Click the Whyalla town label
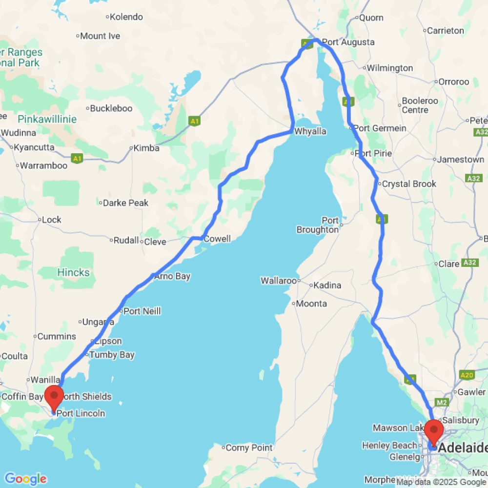[310, 132]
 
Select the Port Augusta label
[348, 42]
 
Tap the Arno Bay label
[172, 276]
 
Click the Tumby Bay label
[112, 355]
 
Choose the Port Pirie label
[375, 153]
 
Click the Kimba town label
[146, 148]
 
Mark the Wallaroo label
[279, 281]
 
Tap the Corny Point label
[249, 447]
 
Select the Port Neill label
[142, 311]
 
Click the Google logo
[25, 479]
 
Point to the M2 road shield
[442, 403]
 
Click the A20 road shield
[467, 375]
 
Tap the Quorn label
[371, 18]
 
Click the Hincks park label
[73, 272]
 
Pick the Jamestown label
[461, 160]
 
